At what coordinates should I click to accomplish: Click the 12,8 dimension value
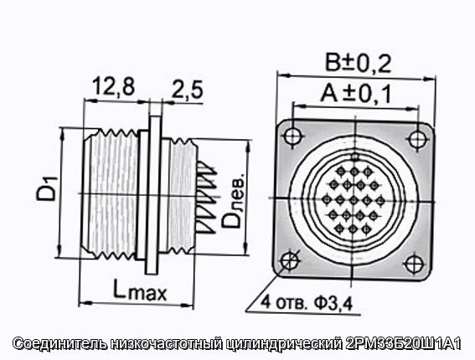tap(113, 86)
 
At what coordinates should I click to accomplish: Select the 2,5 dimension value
tap(187, 90)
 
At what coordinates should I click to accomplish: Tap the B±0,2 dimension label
tap(358, 63)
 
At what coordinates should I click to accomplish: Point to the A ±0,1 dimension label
tap(356, 93)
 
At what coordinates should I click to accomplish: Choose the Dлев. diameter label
tap(233, 200)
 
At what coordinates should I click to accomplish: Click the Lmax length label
tap(140, 289)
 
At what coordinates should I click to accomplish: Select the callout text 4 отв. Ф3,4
tap(307, 302)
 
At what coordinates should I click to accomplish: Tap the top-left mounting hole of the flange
tap(293, 136)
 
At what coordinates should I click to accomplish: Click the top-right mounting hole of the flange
tap(418, 140)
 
